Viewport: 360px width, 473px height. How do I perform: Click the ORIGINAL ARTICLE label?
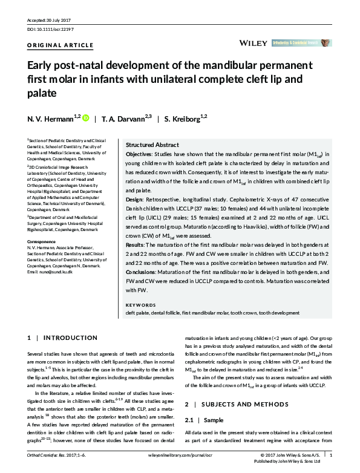61,45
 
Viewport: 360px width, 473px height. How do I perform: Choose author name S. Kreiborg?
183,119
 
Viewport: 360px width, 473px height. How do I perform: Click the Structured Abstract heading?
152,145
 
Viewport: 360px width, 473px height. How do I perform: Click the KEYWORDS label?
141,305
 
